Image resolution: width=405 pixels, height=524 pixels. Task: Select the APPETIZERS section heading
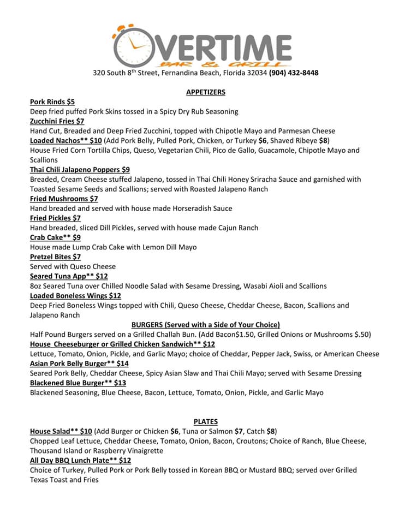[x=206, y=92]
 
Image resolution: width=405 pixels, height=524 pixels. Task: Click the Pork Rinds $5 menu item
[x=52, y=102]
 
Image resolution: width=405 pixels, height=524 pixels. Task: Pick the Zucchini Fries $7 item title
[x=57, y=121]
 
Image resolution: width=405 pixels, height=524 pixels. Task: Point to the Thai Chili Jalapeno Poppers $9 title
[x=80, y=170]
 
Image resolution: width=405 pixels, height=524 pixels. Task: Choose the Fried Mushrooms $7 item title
[x=64, y=199]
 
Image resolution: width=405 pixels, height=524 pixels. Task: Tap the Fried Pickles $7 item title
[x=55, y=218]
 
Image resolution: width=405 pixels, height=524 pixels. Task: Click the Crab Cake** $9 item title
[x=55, y=237]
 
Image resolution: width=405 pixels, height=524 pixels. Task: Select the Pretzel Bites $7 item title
[x=55, y=257]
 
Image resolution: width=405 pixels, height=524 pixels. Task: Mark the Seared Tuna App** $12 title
[x=69, y=276]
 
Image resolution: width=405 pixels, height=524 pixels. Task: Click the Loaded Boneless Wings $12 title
[x=75, y=296]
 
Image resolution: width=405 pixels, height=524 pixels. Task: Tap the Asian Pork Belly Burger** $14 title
[x=79, y=364]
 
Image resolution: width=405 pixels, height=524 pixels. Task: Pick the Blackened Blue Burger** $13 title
[x=78, y=383]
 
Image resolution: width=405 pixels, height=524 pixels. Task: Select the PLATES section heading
[x=206, y=421]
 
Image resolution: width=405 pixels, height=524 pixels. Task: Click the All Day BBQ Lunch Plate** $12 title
[x=80, y=461]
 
